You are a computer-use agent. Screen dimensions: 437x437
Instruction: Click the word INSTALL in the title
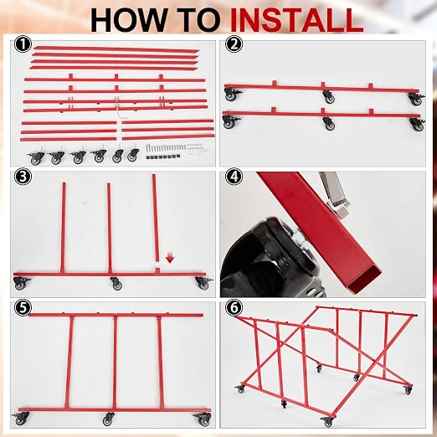coord(297,19)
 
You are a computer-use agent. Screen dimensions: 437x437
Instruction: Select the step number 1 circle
coord(23,45)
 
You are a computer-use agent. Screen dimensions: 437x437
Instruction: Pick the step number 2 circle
coord(234,45)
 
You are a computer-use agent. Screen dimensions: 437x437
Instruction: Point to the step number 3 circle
coord(23,177)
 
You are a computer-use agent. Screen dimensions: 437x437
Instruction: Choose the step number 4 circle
coord(234,177)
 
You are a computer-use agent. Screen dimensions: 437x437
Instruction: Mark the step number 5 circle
coord(23,308)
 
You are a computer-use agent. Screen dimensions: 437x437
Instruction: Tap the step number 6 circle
coord(234,308)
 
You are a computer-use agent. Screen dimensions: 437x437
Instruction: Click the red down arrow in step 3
coord(170,257)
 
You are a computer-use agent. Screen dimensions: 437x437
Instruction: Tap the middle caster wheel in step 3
coord(116,283)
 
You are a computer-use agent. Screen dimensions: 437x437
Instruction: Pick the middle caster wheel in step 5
coord(109,419)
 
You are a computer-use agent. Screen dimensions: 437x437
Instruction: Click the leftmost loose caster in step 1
coord(35,157)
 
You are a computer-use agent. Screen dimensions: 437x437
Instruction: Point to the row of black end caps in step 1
coord(162,157)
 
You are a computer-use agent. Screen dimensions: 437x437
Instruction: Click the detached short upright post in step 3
coord(155,218)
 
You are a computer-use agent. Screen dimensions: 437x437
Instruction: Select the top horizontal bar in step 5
coord(116,316)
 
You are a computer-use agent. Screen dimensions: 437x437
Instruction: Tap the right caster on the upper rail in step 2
coord(416,99)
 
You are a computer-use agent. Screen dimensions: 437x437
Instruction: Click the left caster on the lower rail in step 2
coord(231,121)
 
